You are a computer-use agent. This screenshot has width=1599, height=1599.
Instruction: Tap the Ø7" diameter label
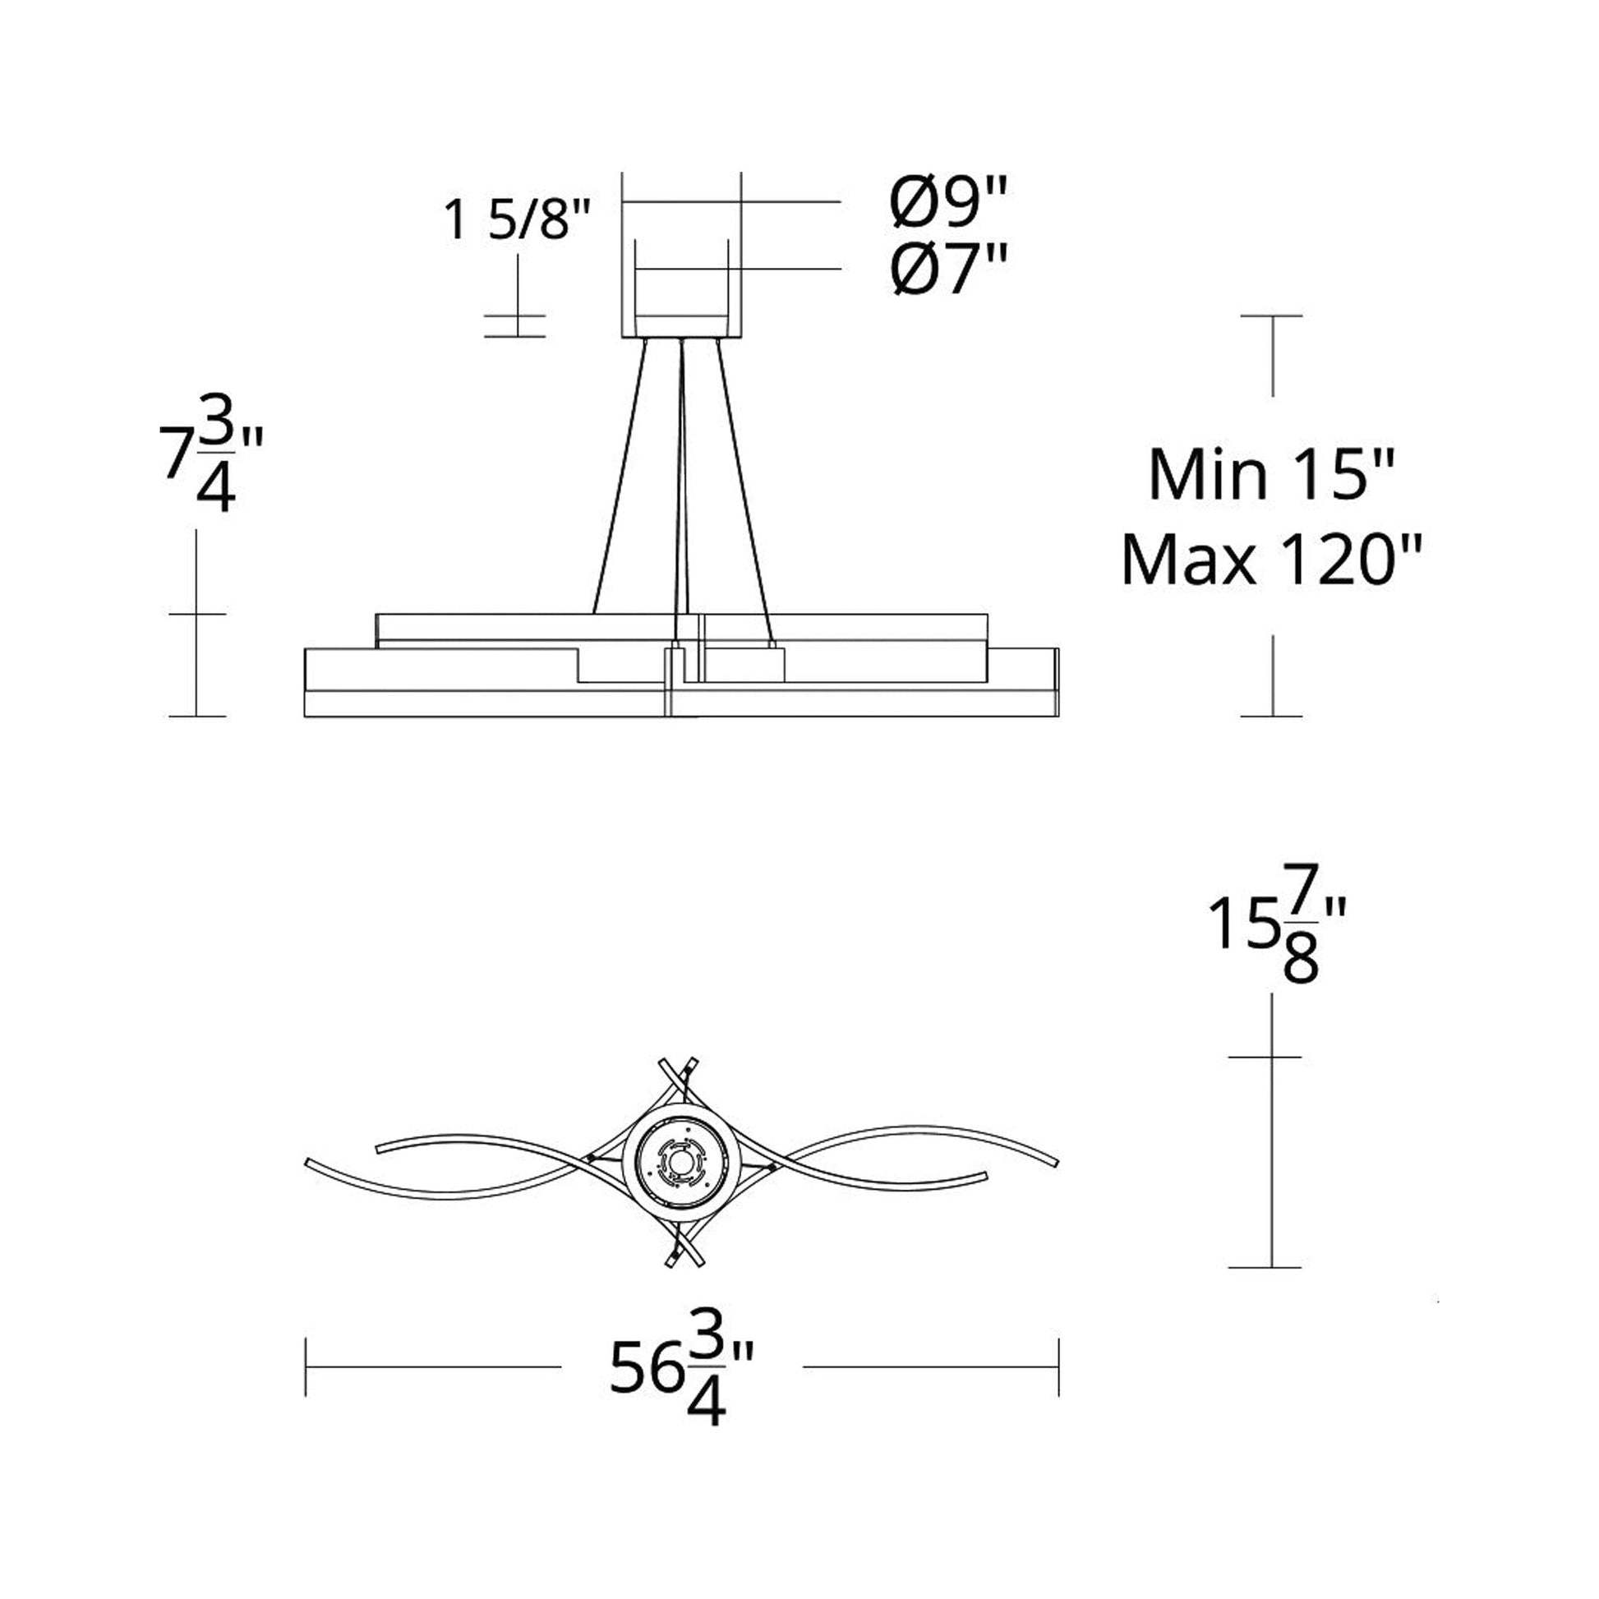pyautogui.click(x=949, y=270)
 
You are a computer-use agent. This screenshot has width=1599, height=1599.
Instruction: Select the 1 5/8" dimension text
pyautogui.click(x=518, y=220)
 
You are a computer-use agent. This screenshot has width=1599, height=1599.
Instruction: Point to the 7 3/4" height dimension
pyautogui.click(x=210, y=468)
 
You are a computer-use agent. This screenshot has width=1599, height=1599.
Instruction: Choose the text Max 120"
pyautogui.click(x=1272, y=560)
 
